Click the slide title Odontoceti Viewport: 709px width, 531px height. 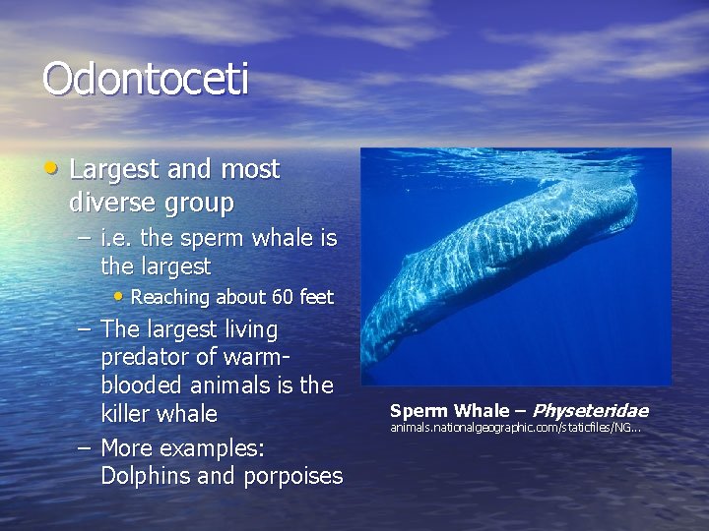pyautogui.click(x=145, y=80)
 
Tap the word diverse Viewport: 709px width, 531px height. pyautogui.click(x=110, y=204)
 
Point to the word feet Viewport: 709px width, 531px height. pyautogui.click(x=313, y=297)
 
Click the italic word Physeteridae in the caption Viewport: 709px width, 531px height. pyautogui.click(x=590, y=411)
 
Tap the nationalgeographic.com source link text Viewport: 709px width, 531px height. pyautogui.click(x=514, y=428)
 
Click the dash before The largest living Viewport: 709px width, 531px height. pyautogui.click(x=85, y=329)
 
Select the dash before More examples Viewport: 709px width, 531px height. pyautogui.click(x=85, y=448)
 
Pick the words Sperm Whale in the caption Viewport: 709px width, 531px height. pyautogui.click(x=448, y=411)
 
